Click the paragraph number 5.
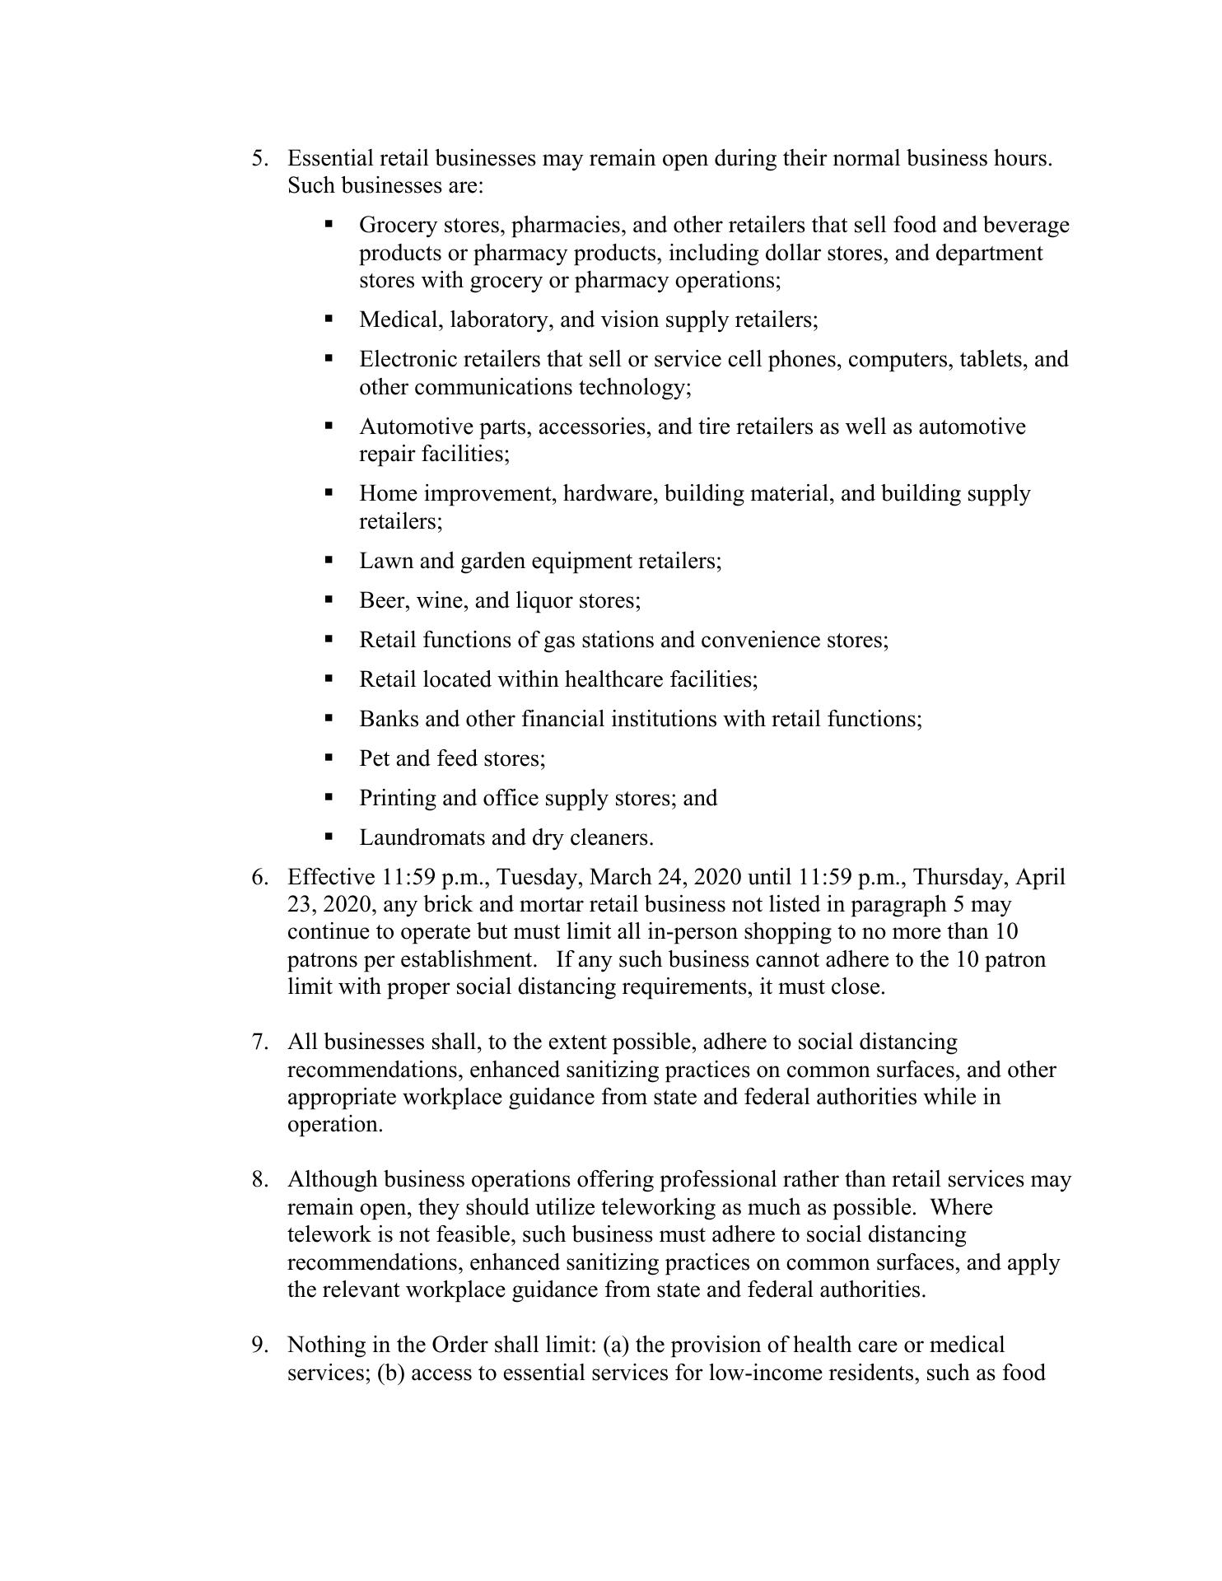click(259, 158)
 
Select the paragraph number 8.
click(259, 1180)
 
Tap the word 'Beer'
click(382, 601)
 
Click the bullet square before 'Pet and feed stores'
click(329, 757)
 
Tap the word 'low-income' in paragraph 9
click(763, 1373)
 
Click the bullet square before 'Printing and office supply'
click(329, 796)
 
